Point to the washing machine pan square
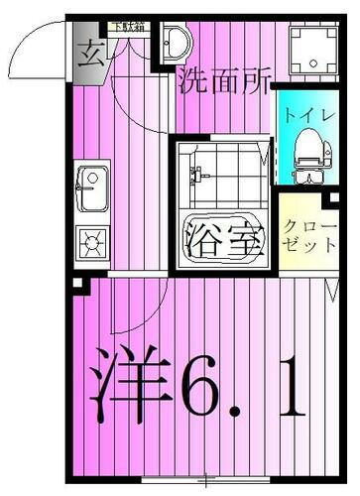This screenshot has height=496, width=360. point(309,47)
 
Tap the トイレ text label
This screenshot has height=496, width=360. point(308,113)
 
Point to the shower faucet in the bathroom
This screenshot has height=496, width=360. point(196,174)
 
